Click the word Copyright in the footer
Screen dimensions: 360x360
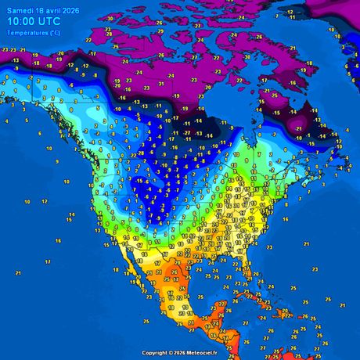coord(156,354)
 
